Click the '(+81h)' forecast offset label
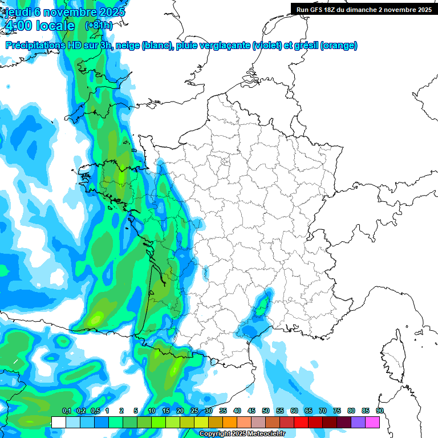(99, 26)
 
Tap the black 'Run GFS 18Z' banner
(363, 9)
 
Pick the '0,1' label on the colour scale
(67, 411)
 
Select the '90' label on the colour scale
(379, 411)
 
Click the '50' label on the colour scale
(266, 411)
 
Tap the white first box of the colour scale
(58, 422)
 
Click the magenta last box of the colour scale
(372, 422)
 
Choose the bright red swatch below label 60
(301, 422)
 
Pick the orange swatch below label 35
(230, 422)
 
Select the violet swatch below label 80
(358, 422)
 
